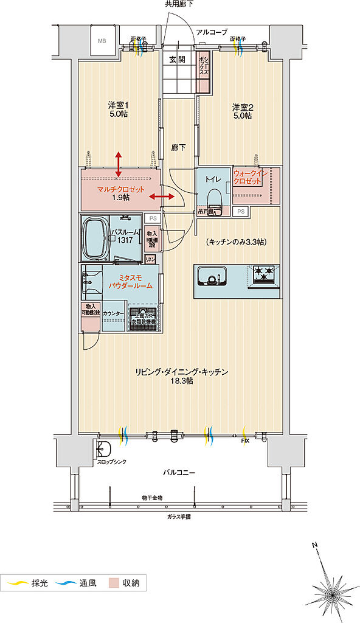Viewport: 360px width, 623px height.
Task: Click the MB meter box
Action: pos(101,41)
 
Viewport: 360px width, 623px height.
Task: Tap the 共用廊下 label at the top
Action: pos(179,4)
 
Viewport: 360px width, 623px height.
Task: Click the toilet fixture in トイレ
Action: pos(213,199)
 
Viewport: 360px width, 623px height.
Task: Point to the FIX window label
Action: pos(245,440)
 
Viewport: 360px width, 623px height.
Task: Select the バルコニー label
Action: pos(179,472)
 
